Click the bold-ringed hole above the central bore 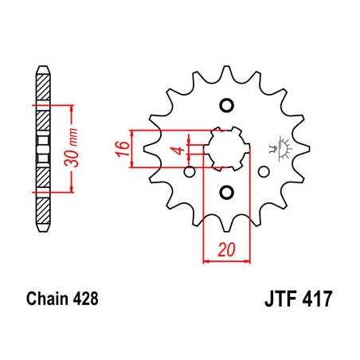pyautogui.click(x=226, y=105)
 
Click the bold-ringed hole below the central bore pyautogui.click(x=226, y=192)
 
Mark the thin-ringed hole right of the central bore pyautogui.click(x=264, y=170)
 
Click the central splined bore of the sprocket pyautogui.click(x=226, y=148)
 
